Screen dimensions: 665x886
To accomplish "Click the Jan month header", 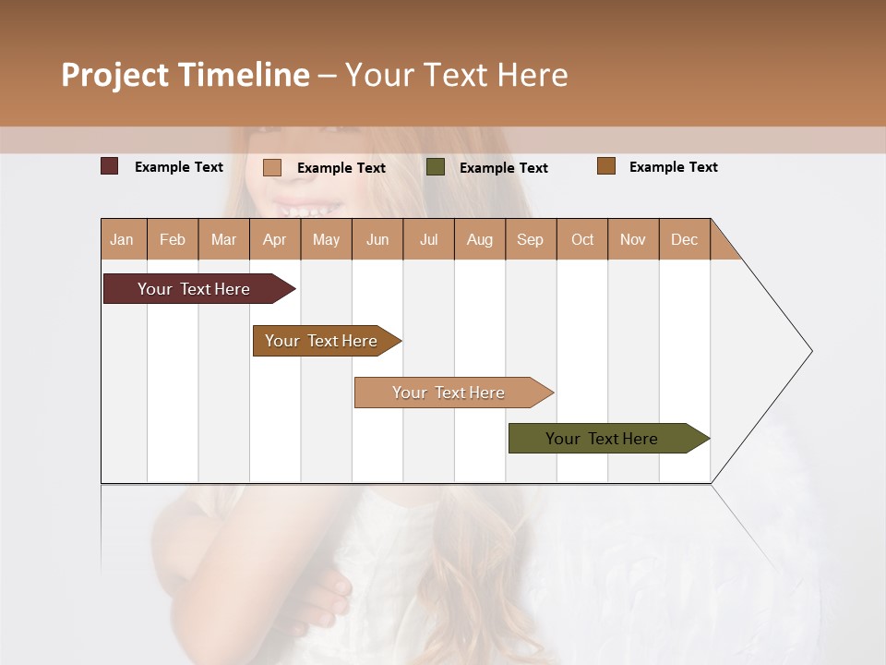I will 123,239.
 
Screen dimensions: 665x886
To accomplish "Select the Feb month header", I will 173,239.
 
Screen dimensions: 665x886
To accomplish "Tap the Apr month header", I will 275,239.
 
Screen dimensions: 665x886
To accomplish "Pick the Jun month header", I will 377,239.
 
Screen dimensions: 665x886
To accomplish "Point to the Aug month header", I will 480,239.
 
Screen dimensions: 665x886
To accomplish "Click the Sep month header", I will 531,239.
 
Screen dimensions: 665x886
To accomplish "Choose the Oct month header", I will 582,239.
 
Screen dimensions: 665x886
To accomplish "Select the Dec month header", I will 685,239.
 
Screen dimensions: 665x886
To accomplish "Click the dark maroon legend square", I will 110,166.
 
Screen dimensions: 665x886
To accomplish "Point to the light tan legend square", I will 272,167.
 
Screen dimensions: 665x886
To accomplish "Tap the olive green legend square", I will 436,167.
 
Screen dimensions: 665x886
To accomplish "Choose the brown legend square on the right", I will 606,166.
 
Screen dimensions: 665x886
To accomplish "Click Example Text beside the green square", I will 504,167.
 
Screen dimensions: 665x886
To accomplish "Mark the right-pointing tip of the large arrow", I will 809,351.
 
